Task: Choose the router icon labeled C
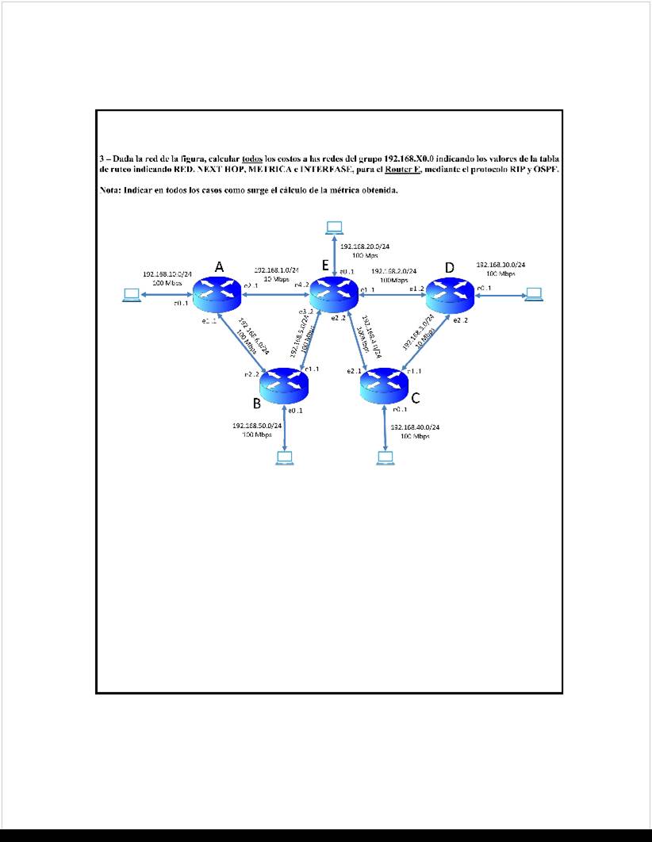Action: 384,385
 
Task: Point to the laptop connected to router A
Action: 130,296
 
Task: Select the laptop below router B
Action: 284,457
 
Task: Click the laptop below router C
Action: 385,457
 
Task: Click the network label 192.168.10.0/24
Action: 167,274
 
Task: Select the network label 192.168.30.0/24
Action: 501,265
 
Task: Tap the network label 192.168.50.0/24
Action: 257,426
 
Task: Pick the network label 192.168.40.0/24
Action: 416,427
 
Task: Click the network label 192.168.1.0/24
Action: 276,270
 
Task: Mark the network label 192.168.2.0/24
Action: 394,271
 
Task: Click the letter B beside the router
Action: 257,403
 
